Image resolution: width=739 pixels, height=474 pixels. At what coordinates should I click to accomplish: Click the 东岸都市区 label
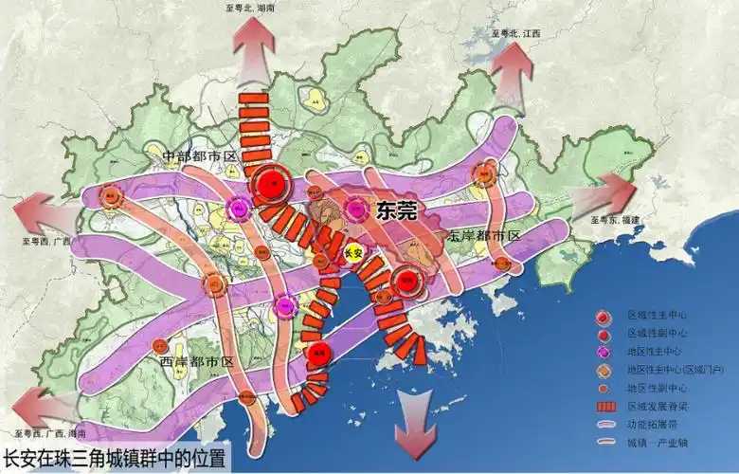pos(484,234)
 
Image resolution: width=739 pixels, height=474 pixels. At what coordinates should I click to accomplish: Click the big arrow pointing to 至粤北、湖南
pos(256,46)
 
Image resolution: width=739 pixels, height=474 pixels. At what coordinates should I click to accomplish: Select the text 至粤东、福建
pos(616,220)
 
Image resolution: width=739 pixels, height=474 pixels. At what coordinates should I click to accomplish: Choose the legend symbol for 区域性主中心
pos(603,316)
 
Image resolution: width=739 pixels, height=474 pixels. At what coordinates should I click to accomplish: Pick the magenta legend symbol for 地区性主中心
pos(603,353)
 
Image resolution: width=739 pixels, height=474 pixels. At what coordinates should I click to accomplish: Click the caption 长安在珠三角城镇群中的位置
pos(116,460)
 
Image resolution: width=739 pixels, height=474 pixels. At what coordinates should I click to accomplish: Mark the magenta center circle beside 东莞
pos(355,209)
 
